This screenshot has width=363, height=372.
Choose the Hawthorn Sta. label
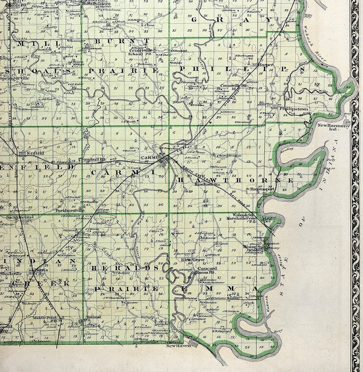click(x=207, y=185)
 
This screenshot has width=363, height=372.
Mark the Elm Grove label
click(x=190, y=260)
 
